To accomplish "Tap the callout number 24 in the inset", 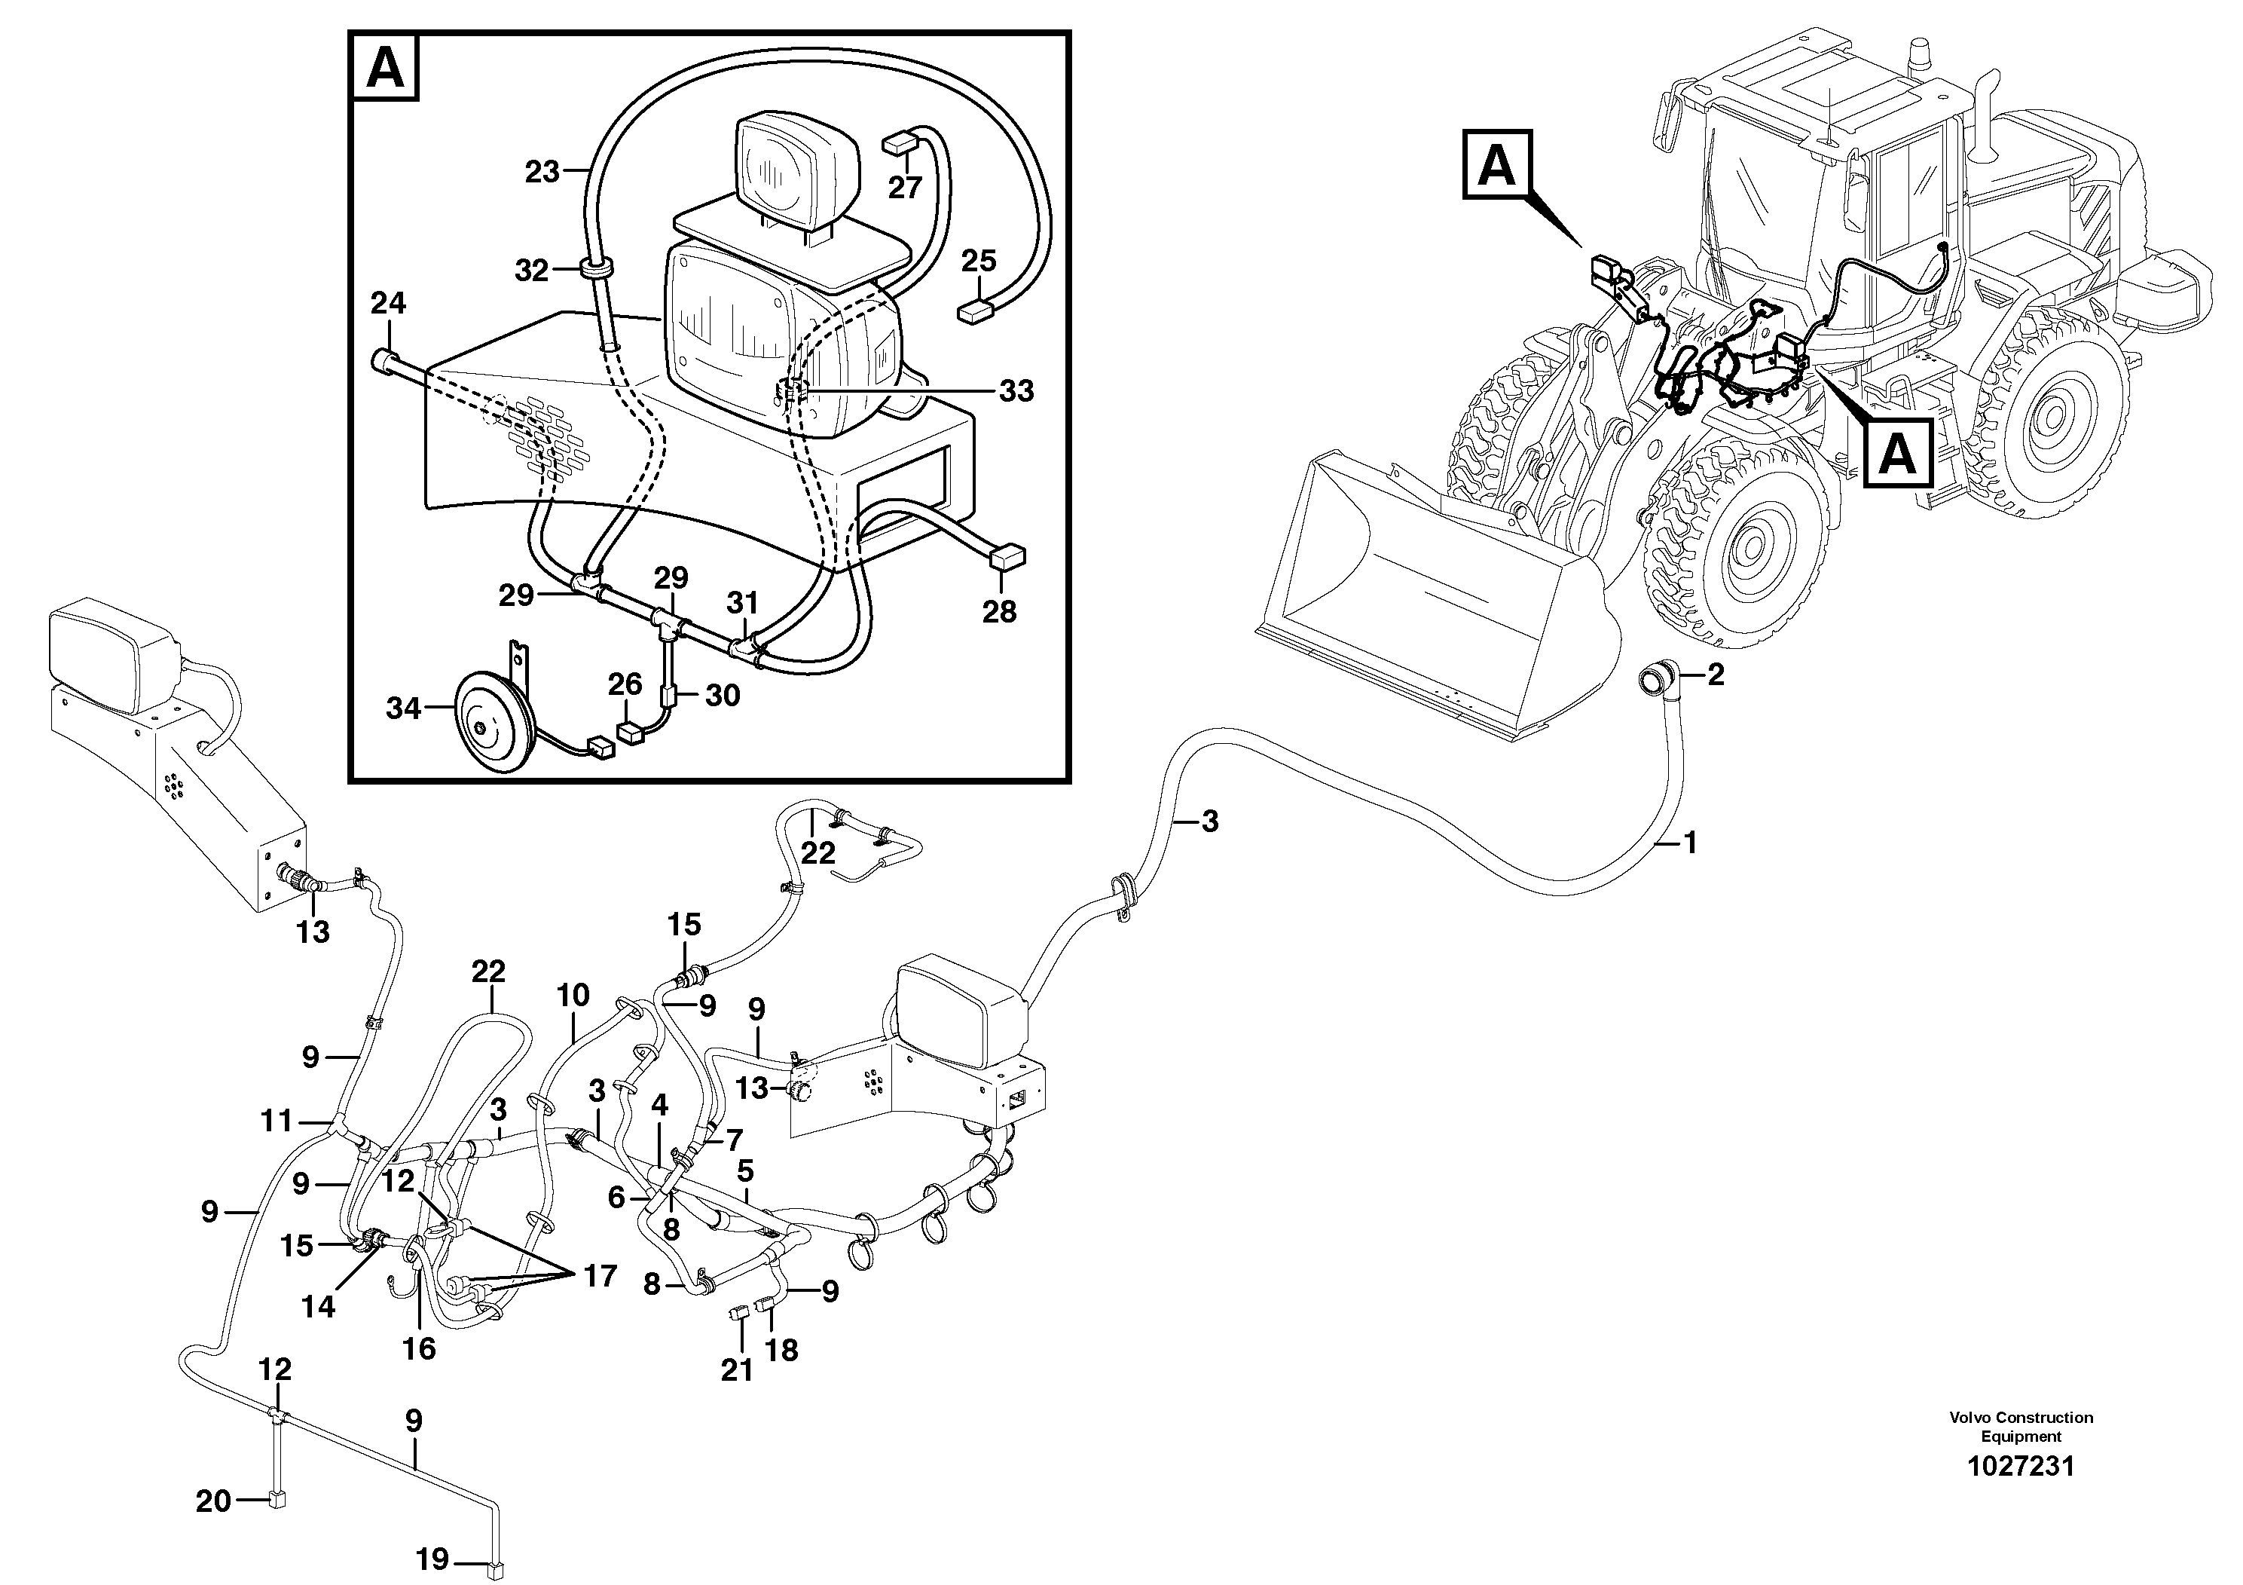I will click(x=388, y=304).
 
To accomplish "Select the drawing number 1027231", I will click(x=2020, y=1466).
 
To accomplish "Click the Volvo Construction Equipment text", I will click(x=2020, y=1427).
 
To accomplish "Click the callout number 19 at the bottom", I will click(x=432, y=1559).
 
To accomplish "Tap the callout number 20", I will click(x=213, y=1500).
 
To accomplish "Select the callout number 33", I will click(x=1016, y=391).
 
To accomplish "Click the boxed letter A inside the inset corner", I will click(x=385, y=67).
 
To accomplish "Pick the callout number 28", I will click(x=999, y=612).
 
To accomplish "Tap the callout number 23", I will click(x=542, y=172).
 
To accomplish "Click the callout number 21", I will click(x=738, y=1371).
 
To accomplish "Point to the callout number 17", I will click(x=600, y=1275).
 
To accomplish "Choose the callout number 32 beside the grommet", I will click(x=531, y=271).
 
